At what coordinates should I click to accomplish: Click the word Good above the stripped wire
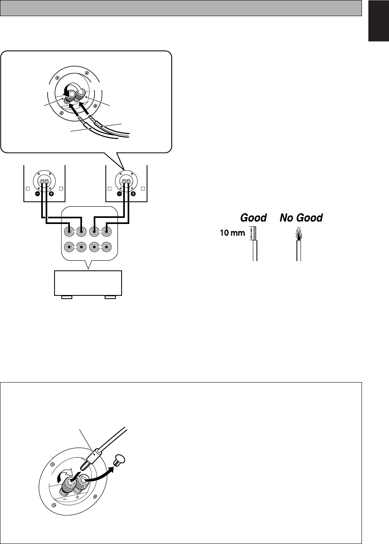(x=253, y=218)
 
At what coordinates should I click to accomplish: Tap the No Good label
(x=301, y=218)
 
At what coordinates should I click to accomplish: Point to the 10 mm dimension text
(x=232, y=233)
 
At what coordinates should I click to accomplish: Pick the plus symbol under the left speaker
(x=52, y=193)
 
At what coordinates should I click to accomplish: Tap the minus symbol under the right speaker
(x=120, y=193)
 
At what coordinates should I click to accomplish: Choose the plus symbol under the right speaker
(x=133, y=193)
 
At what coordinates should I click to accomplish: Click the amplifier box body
(x=88, y=283)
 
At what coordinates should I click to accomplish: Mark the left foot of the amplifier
(x=67, y=297)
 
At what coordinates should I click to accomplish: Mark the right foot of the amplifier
(x=110, y=297)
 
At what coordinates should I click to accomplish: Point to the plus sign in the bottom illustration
(x=77, y=498)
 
